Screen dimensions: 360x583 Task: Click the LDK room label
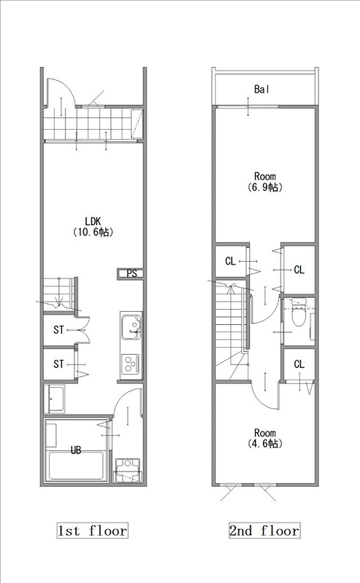pyautogui.click(x=93, y=227)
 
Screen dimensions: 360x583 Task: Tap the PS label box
pyautogui.click(x=130, y=274)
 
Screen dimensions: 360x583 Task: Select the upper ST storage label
pyautogui.click(x=59, y=330)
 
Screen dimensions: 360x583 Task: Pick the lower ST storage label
pyautogui.click(x=59, y=364)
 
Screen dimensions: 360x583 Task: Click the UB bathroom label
pyautogui.click(x=76, y=450)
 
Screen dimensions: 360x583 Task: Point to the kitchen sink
pyautogui.click(x=131, y=326)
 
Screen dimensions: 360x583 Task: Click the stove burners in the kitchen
pyautogui.click(x=131, y=364)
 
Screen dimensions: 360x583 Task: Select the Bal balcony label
pyautogui.click(x=262, y=89)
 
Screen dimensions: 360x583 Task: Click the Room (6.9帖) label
pyautogui.click(x=265, y=181)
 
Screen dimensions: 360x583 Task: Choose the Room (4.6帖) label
pyautogui.click(x=265, y=438)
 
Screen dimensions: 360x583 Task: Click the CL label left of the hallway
pyautogui.click(x=230, y=262)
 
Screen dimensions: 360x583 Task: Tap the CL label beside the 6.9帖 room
pyautogui.click(x=299, y=270)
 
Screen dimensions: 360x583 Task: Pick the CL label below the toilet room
pyautogui.click(x=299, y=364)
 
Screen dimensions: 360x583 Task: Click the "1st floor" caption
pyautogui.click(x=93, y=531)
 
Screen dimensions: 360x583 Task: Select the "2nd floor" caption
pyautogui.click(x=265, y=531)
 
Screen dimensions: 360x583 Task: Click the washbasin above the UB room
pyautogui.click(x=55, y=399)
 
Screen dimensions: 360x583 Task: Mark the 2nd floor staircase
pyautogui.click(x=231, y=331)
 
